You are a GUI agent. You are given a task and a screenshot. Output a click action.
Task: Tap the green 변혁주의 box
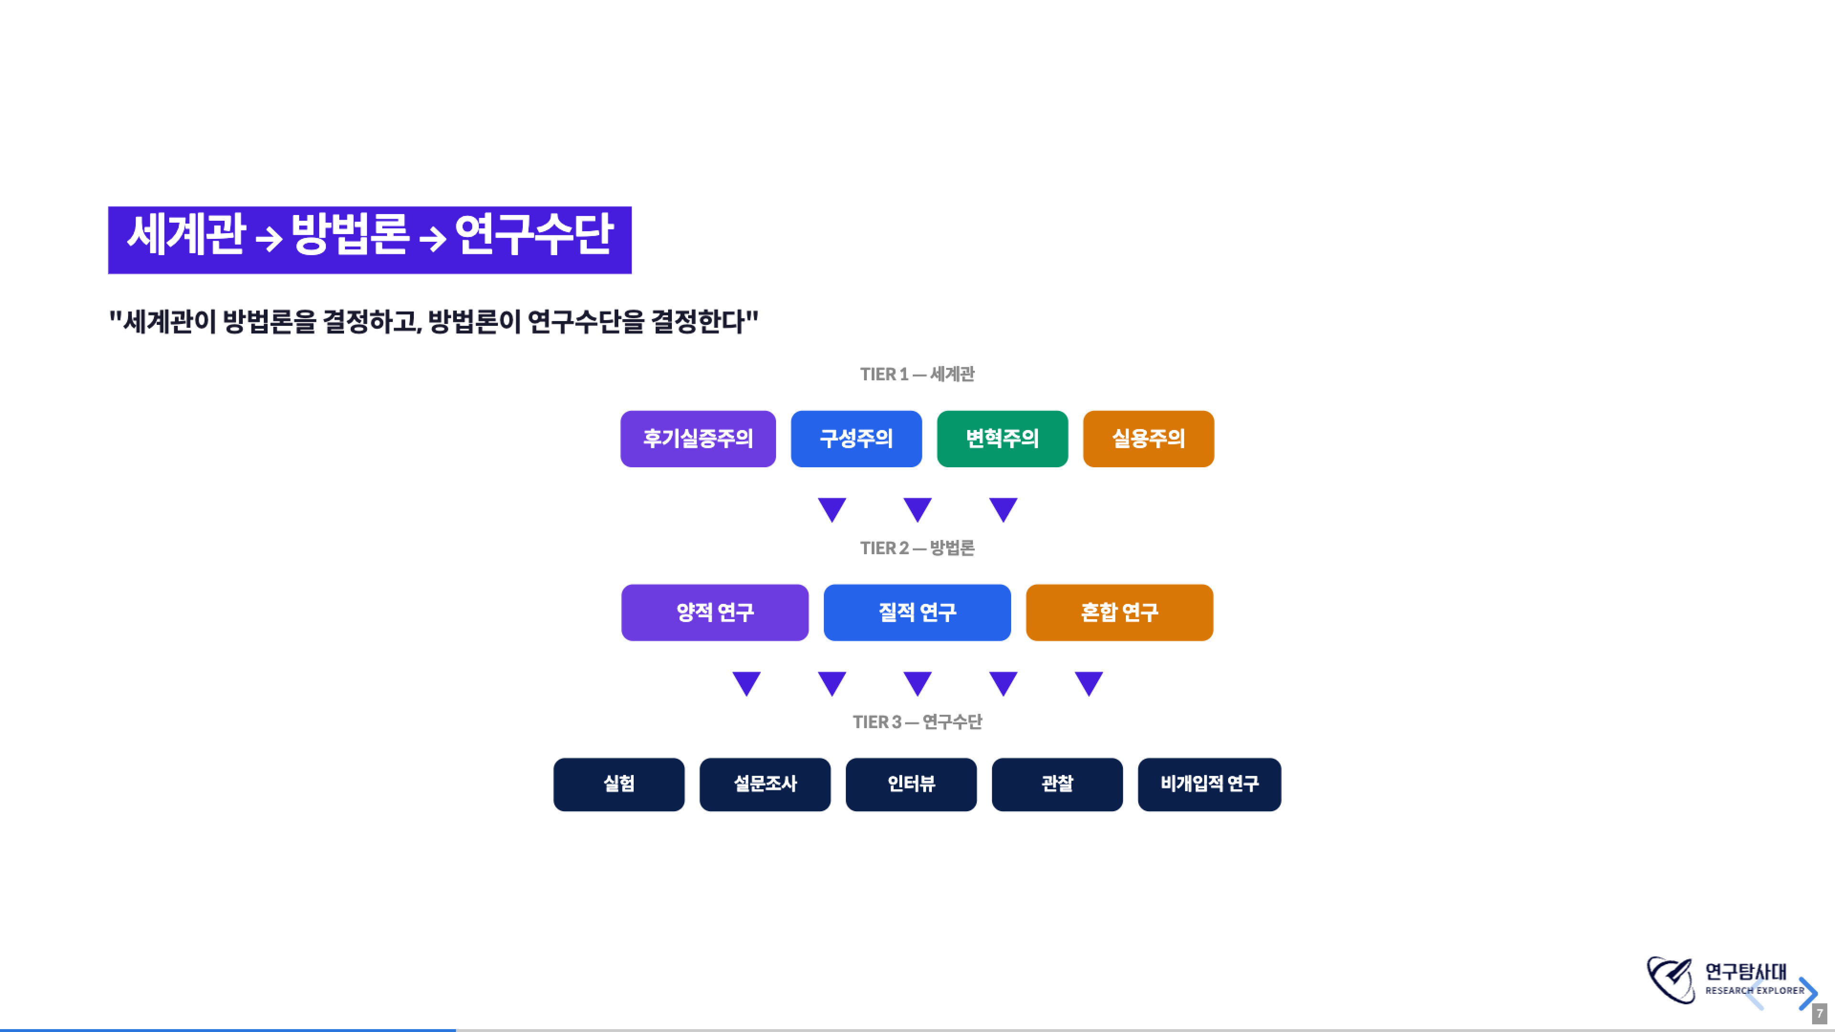[x=1002, y=439]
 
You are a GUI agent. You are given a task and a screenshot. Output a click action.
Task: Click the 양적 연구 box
[x=714, y=613]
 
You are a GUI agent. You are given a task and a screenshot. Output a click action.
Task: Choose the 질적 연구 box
[x=917, y=613]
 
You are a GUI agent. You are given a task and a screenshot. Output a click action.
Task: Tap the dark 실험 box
[x=618, y=784]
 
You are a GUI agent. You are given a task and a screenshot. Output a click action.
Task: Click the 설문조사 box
[x=765, y=784]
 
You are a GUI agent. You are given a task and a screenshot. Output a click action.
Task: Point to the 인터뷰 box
[x=910, y=784]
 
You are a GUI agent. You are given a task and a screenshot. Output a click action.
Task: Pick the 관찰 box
[x=1057, y=784]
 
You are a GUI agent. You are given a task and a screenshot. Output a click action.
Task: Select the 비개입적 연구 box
[x=1209, y=784]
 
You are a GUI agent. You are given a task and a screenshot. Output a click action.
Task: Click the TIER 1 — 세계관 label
[x=917, y=375]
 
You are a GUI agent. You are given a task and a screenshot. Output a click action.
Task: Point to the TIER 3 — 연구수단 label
[x=917, y=722]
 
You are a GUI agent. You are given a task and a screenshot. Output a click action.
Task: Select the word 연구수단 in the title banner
[x=534, y=235]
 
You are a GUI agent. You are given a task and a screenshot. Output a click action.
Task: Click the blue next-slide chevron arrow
[x=1807, y=993]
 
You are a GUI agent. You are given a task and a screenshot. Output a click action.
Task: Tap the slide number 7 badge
[x=1819, y=1013]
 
